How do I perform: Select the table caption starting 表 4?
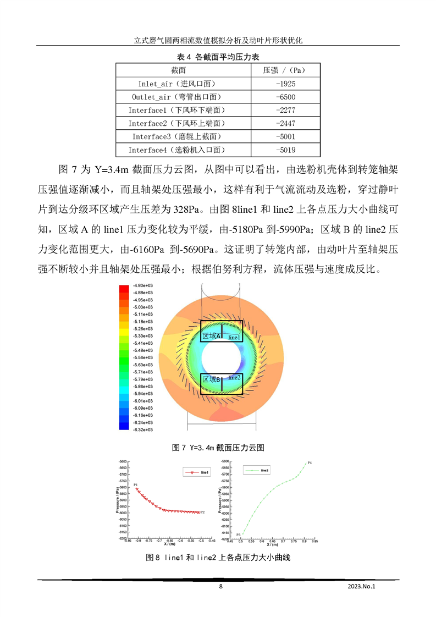click(218, 57)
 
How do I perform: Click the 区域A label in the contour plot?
click(212, 336)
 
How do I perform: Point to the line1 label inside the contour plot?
click(234, 337)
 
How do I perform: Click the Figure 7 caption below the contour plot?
click(218, 448)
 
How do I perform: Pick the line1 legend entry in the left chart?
click(199, 472)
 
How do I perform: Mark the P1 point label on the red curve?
click(135, 484)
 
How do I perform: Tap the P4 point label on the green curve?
click(310, 463)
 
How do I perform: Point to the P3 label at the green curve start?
click(239, 535)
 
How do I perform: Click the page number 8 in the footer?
click(220, 587)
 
